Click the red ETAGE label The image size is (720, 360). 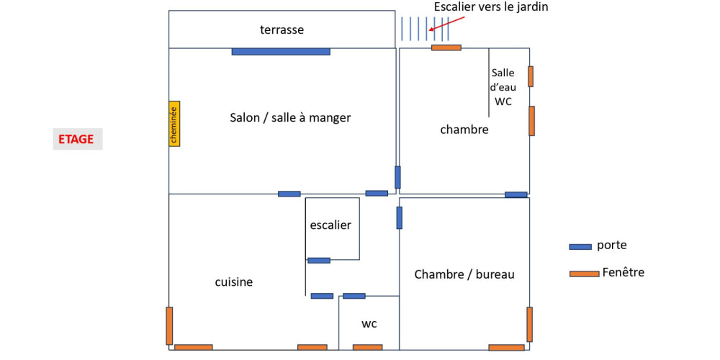coord(77,139)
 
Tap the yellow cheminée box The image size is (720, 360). coord(174,123)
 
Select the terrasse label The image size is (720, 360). coord(282,30)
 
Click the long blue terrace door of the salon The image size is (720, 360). coord(281,51)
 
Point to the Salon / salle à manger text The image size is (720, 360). coord(290,117)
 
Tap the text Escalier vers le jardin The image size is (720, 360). coord(490,7)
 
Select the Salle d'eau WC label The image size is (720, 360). coord(503,87)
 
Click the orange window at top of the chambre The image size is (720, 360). coord(446,48)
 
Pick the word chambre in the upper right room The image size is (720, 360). coord(464,130)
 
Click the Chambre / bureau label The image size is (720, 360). coord(464,274)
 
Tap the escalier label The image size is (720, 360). coord(330,225)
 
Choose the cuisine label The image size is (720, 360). coord(234,282)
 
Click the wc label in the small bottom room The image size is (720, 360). coord(369,324)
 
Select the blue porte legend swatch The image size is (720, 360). coord(580,246)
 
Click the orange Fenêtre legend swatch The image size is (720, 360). coord(584,274)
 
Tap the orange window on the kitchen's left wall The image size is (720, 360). coord(169,325)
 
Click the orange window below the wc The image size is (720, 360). coord(367,348)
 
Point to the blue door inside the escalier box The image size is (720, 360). coord(318,260)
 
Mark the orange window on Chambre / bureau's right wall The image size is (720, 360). coord(529,324)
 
